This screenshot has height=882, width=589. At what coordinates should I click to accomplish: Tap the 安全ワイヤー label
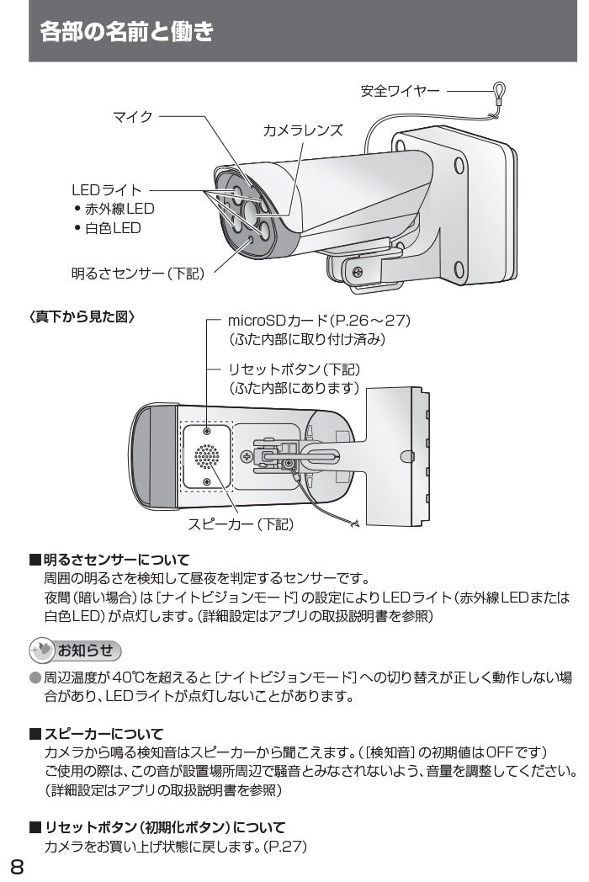[400, 91]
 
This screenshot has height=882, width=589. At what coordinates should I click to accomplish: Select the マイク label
[133, 117]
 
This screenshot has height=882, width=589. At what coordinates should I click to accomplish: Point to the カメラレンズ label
[303, 130]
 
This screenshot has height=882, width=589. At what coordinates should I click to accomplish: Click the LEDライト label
[107, 191]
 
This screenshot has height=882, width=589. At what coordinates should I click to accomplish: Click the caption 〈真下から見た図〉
[82, 317]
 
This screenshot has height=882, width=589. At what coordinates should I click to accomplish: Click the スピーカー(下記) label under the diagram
[240, 524]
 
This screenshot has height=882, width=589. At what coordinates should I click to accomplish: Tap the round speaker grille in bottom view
[207, 457]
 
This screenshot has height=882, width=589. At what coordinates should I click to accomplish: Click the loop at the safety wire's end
[499, 90]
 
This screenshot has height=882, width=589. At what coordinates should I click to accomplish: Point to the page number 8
[17, 866]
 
